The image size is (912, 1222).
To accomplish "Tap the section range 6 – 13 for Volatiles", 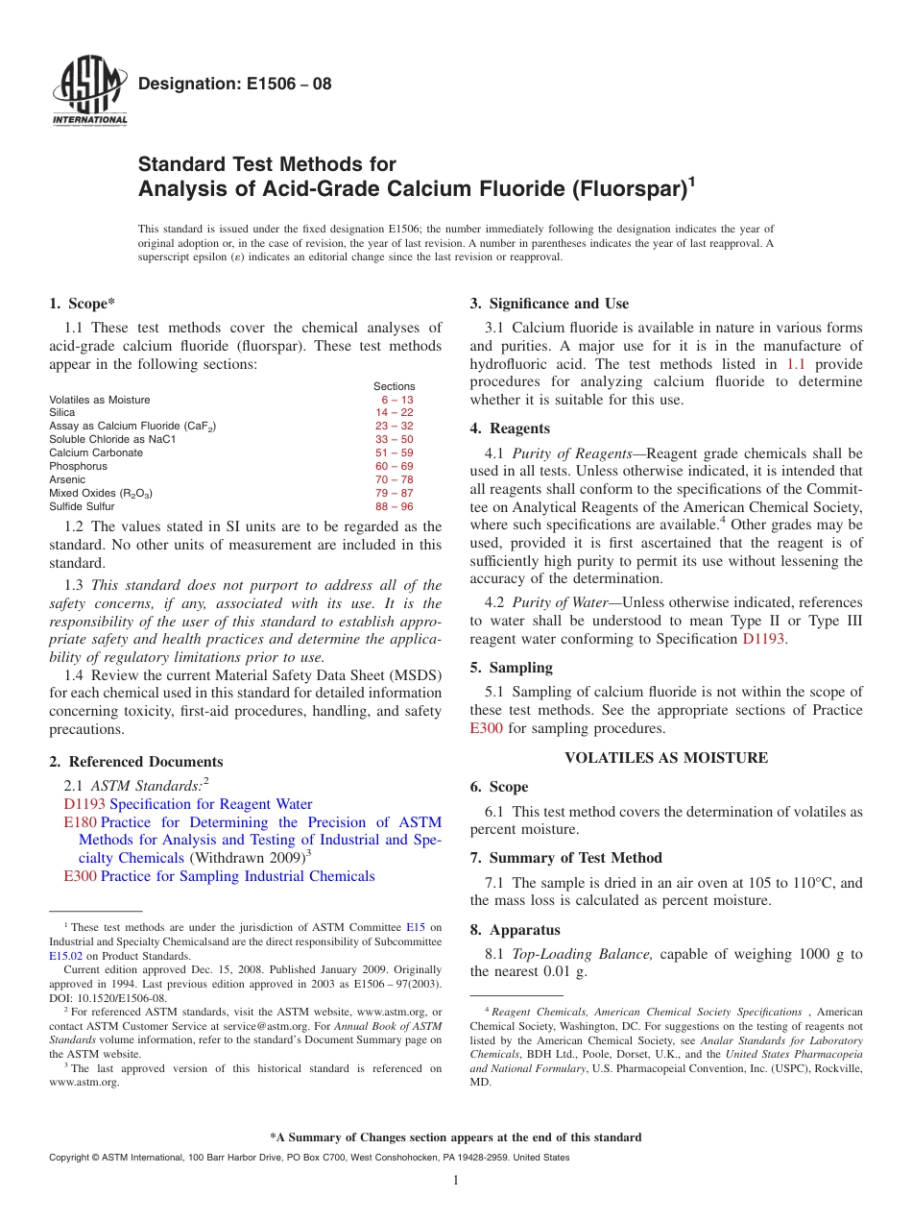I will [x=396, y=400].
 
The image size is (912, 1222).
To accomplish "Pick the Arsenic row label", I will [x=67, y=479].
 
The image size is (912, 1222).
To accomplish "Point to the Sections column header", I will [x=394, y=386].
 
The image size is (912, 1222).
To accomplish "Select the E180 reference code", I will [x=80, y=822].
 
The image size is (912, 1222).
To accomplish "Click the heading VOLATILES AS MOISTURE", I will [x=666, y=758].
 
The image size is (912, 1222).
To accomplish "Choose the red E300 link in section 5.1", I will [x=487, y=728].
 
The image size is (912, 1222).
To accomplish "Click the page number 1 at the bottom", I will [x=456, y=1181].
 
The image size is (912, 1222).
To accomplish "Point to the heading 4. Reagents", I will [x=510, y=428].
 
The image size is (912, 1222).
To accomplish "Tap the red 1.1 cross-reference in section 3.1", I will [x=796, y=364].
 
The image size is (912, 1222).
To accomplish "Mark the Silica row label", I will [x=61, y=412].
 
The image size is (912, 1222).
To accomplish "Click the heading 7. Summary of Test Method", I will [x=565, y=858].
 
